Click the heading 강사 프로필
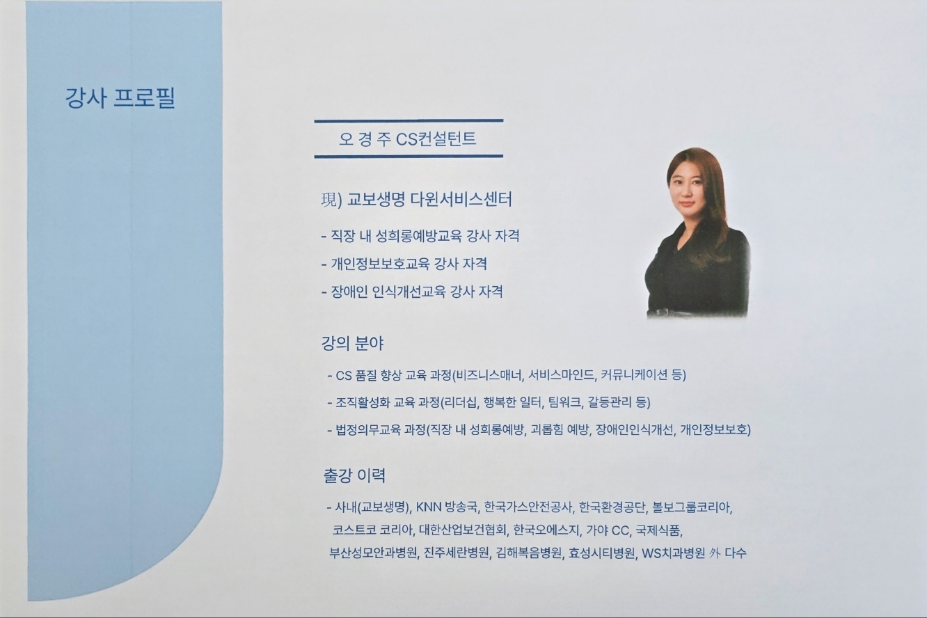[120, 98]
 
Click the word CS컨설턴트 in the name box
[436, 138]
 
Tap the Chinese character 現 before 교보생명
[329, 200]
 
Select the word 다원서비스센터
[461, 200]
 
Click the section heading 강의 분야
[353, 343]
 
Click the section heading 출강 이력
[354, 475]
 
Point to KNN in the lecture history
[429, 507]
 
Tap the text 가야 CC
[608, 530]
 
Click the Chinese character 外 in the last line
[714, 553]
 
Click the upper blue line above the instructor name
[409, 121]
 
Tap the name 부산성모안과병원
[373, 553]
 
